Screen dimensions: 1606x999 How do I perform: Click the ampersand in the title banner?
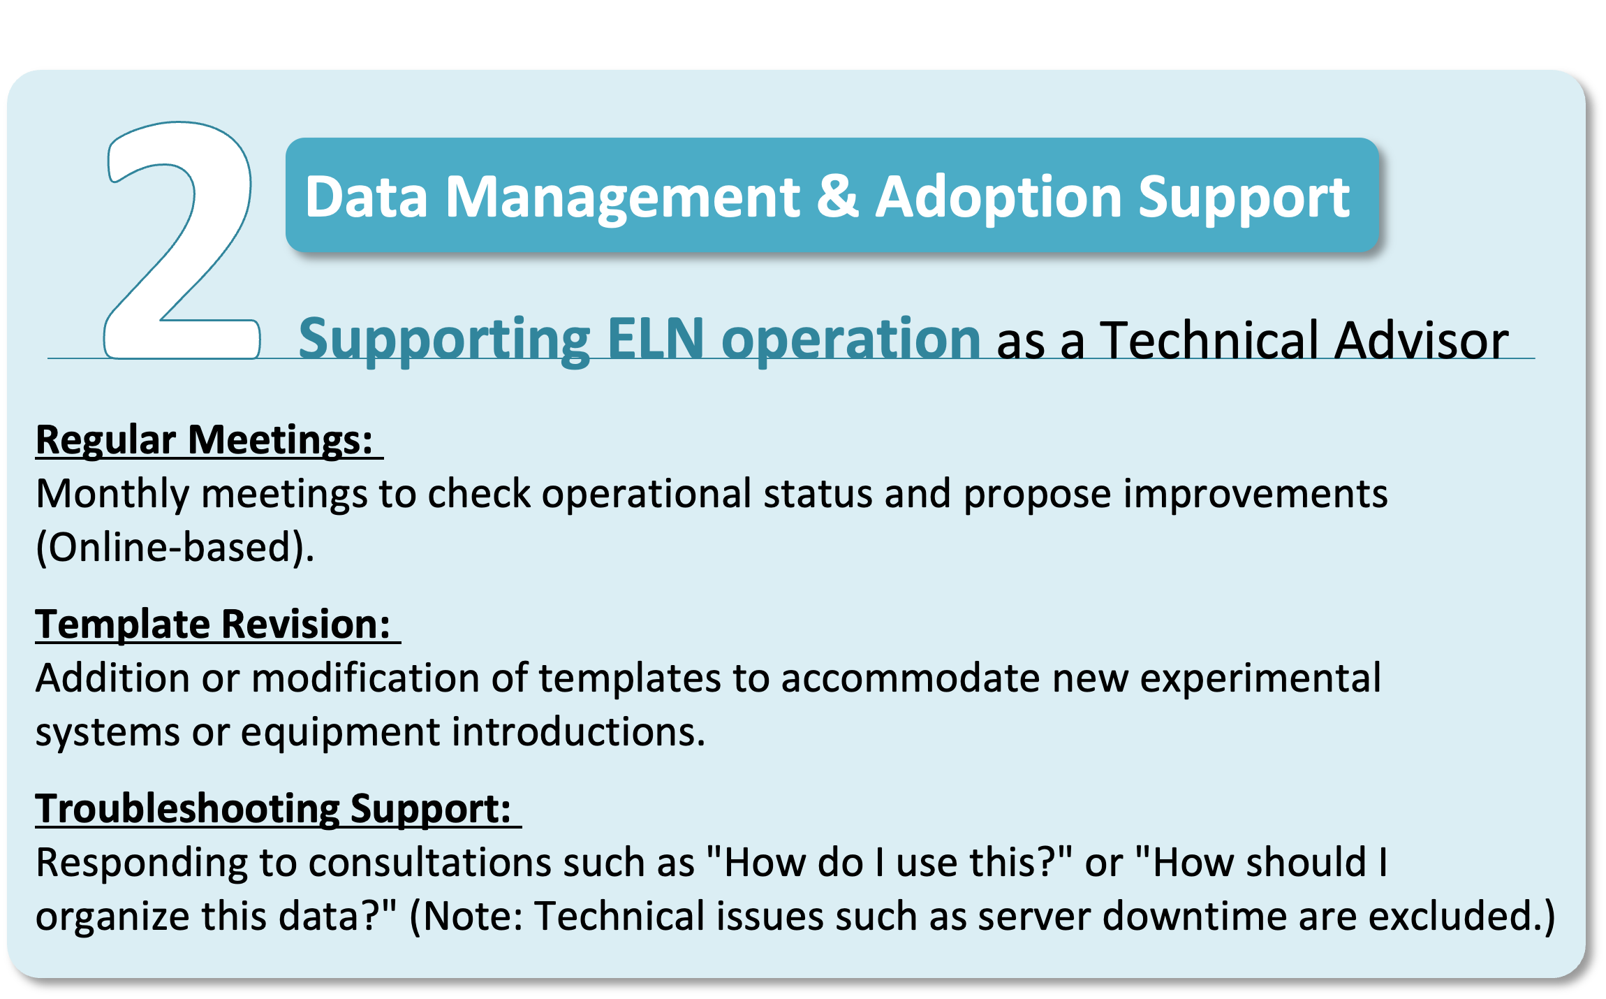[837, 196]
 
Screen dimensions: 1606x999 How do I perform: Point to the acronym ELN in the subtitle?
[656, 339]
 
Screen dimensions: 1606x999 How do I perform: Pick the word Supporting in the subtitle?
[444, 341]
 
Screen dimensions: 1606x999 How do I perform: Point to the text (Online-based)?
[175, 547]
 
